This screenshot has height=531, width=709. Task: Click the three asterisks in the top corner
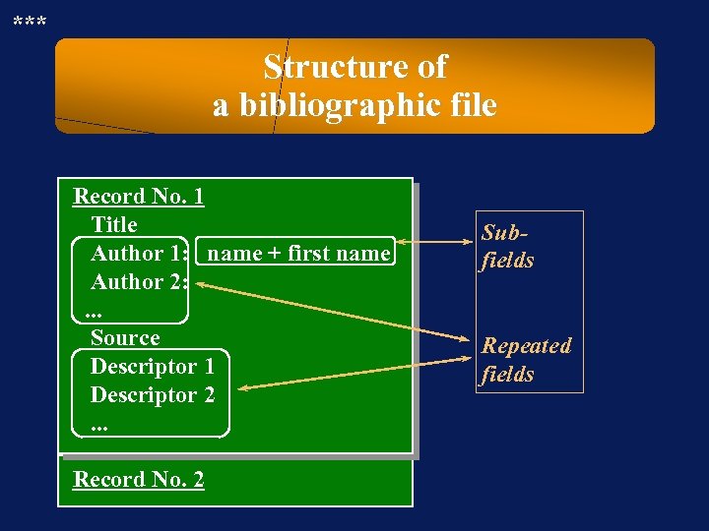(29, 20)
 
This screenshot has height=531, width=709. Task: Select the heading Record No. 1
(139, 196)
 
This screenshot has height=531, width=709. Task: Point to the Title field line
(114, 224)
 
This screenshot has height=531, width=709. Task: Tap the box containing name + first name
(299, 253)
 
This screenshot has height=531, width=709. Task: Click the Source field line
(125, 337)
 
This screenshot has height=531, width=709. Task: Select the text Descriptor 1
(153, 366)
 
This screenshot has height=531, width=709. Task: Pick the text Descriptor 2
(153, 394)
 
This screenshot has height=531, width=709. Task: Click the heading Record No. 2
(139, 479)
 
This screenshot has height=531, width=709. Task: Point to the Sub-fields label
(508, 246)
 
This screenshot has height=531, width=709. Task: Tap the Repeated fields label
(526, 359)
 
